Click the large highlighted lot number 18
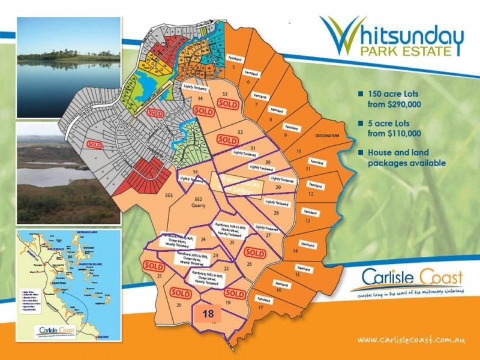208,313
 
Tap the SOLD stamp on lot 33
228,103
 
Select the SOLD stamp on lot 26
255,253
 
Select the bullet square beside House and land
361,152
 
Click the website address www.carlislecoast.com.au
412,340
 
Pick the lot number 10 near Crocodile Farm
299,151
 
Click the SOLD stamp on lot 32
227,139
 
